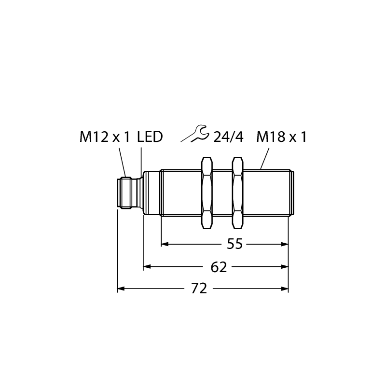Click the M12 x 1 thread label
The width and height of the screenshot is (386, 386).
[105, 137]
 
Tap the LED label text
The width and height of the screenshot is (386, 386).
[150, 137]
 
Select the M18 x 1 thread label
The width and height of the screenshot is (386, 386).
[282, 137]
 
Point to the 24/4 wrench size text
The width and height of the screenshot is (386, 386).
[228, 137]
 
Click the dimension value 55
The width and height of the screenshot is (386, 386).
[234, 244]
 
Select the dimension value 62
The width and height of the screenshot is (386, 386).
[219, 267]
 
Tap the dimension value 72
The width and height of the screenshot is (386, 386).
[199, 289]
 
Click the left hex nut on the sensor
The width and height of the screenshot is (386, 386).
[207, 193]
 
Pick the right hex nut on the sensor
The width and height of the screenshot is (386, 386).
[237, 193]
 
